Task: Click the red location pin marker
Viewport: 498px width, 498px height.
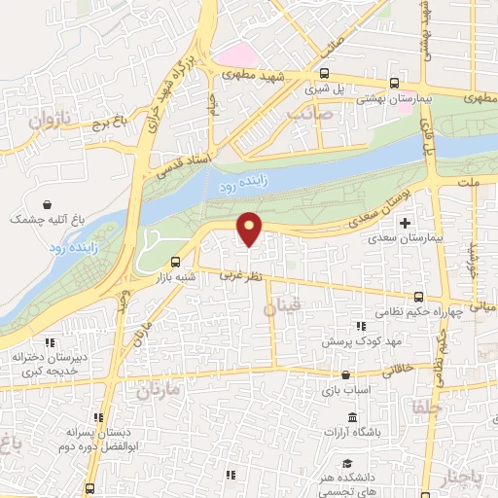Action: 250,230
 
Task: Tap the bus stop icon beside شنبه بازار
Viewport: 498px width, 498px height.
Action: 175,262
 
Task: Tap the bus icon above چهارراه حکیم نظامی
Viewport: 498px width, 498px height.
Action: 418,296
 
